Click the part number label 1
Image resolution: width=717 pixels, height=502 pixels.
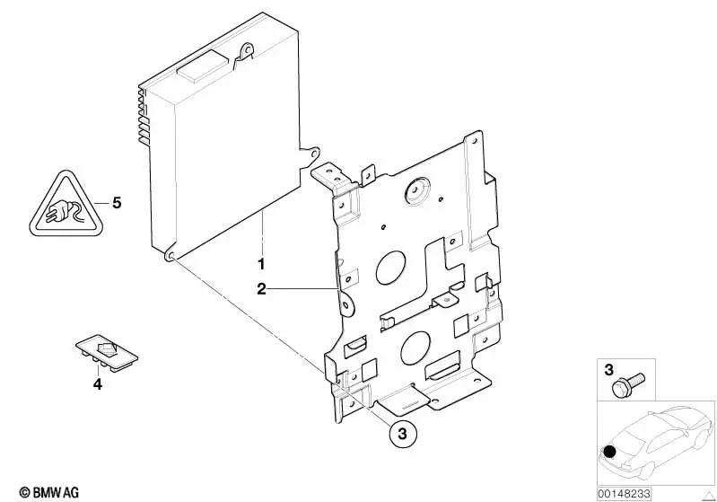click(261, 265)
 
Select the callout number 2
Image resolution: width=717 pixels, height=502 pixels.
click(261, 288)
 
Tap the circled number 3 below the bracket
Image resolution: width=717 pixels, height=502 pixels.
click(403, 433)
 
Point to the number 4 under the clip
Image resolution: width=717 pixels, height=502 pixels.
click(99, 385)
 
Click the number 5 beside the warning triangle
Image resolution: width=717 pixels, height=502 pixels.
click(116, 202)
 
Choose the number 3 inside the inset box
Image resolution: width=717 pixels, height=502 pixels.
click(608, 369)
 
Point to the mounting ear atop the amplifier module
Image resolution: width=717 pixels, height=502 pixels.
click(243, 54)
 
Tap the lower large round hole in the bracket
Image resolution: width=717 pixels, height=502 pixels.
click(418, 346)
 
